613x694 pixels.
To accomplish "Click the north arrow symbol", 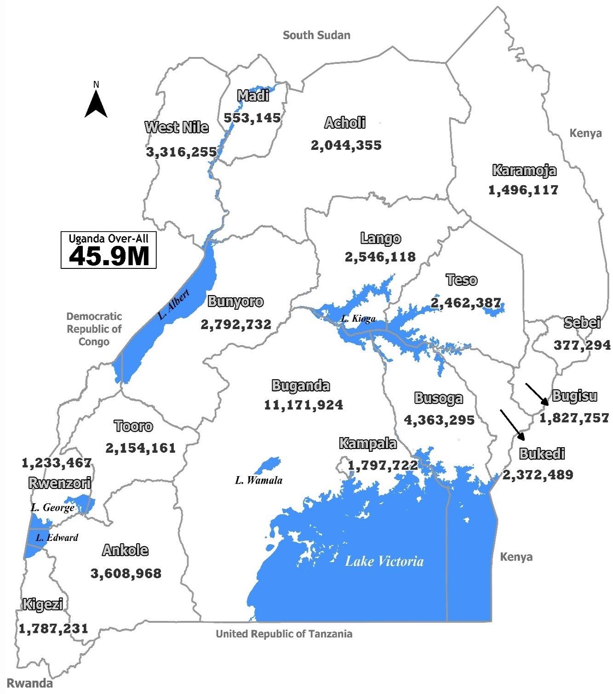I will pyautogui.click(x=96, y=104).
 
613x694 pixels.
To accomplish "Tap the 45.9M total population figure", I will pyautogui.click(x=109, y=256).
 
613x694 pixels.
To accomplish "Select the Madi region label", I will pyautogui.click(x=253, y=96).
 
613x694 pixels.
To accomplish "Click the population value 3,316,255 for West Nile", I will pyautogui.click(x=181, y=152).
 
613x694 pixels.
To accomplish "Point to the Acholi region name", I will pyautogui.click(x=345, y=123).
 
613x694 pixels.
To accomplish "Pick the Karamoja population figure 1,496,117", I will pyautogui.click(x=523, y=190).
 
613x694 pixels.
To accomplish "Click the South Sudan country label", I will pyautogui.click(x=316, y=35).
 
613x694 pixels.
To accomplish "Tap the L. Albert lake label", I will pyautogui.click(x=173, y=305).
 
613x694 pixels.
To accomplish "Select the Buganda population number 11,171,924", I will pyautogui.click(x=304, y=405).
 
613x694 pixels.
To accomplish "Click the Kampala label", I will pyautogui.click(x=367, y=444).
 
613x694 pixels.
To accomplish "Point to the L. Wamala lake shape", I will pyautogui.click(x=266, y=465).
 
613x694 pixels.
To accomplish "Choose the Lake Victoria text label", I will pyautogui.click(x=384, y=561).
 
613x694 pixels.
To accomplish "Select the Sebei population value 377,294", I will pyautogui.click(x=582, y=345).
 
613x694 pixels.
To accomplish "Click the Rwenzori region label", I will pyautogui.click(x=60, y=483).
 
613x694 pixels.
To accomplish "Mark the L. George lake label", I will pyautogui.click(x=52, y=508).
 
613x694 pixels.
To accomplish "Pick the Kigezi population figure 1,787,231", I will pyautogui.click(x=53, y=628).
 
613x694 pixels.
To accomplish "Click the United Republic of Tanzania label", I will pyautogui.click(x=284, y=634).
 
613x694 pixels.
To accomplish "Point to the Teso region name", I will pyautogui.click(x=461, y=280).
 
